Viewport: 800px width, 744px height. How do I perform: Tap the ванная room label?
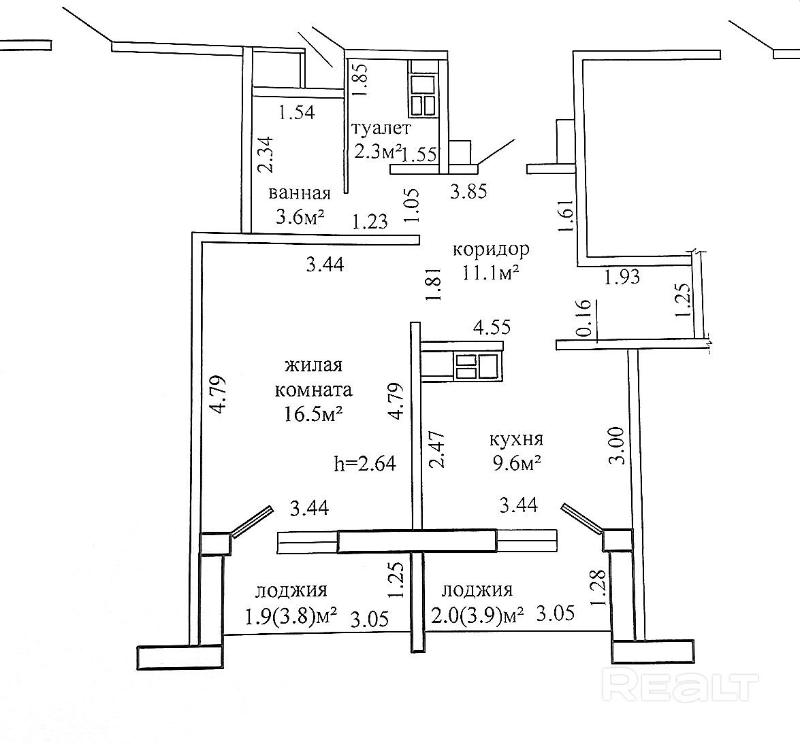tap(300, 193)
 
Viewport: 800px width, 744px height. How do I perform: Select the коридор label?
tap(492, 249)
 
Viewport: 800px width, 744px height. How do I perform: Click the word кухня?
tap(516, 439)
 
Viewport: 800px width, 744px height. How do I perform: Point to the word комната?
tap(314, 390)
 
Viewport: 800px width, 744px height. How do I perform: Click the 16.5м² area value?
tap(313, 413)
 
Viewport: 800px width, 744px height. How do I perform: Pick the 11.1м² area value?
tap(491, 273)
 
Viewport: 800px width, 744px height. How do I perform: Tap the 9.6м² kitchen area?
tap(516, 464)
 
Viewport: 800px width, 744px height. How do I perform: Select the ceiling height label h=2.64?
tap(365, 464)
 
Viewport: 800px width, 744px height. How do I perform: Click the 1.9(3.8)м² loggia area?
tap(291, 617)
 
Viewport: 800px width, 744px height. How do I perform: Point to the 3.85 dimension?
tap(468, 191)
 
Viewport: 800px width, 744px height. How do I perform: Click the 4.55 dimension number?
tap(492, 326)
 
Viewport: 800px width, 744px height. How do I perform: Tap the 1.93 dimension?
tap(622, 277)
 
